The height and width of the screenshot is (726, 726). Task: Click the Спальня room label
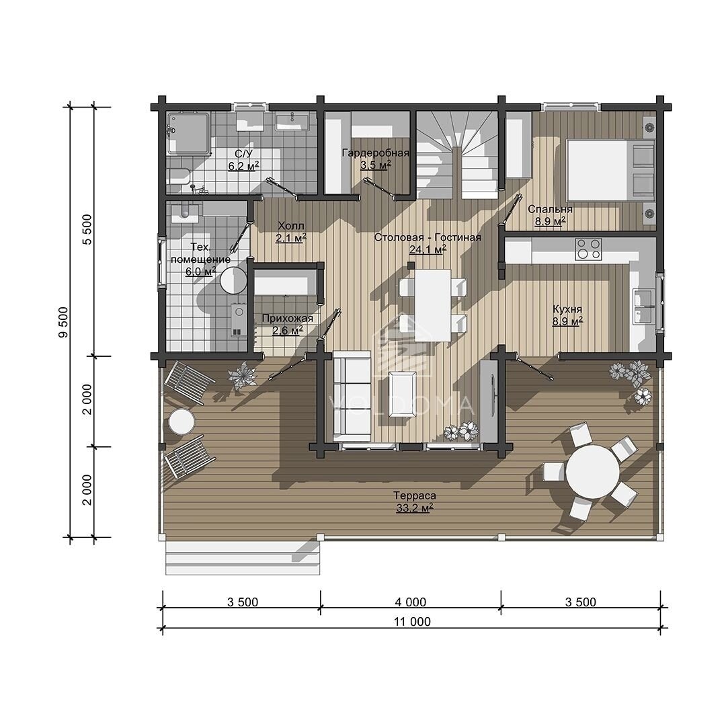point(550,209)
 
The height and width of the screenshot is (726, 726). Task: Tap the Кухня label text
point(567,309)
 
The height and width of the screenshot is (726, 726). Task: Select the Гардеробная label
point(376,153)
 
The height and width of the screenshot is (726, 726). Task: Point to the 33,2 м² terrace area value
point(414,508)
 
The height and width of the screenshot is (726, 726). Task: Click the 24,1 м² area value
point(428,249)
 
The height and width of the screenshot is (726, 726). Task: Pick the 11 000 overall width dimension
point(412,621)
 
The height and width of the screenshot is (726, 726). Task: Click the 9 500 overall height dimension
point(63,322)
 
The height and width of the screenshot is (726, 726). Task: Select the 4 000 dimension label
point(411,602)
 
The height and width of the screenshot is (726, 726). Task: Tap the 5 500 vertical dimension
point(87,229)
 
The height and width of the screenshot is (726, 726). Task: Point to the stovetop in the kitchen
point(588,249)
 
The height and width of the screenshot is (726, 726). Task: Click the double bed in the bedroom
point(610,170)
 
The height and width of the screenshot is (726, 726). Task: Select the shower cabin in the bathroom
point(188,134)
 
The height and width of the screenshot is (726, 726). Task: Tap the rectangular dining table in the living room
point(432,305)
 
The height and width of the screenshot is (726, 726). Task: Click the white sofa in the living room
point(352,396)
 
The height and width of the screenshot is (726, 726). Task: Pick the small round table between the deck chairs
point(182,421)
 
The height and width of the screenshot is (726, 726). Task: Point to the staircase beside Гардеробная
point(457,155)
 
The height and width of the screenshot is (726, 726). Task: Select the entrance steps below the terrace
point(243,558)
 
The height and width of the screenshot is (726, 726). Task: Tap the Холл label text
point(291,226)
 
